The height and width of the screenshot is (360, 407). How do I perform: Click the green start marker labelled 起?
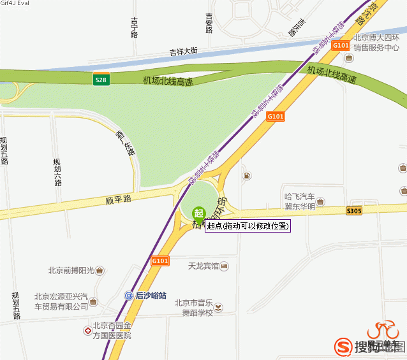tap(199, 213)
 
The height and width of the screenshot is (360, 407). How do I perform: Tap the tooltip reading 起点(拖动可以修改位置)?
tap(248, 226)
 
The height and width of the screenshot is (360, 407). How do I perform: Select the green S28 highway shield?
tap(101, 80)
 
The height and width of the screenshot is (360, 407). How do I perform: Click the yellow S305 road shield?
tap(354, 211)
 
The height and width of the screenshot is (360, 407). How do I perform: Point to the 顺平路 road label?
tap(118, 199)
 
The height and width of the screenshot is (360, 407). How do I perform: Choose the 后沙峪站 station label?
tap(151, 296)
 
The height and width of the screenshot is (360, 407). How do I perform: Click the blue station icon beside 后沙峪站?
tap(129, 296)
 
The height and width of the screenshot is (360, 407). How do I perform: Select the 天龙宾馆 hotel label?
tap(204, 265)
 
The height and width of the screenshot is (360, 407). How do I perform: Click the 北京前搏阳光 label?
tap(71, 270)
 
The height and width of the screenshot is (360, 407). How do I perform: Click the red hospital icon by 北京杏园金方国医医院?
tap(87, 331)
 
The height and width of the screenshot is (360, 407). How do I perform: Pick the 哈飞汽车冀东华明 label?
tap(300, 201)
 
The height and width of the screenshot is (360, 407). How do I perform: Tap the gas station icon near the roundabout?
tap(246, 175)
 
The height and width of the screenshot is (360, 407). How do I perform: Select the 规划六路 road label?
tap(57, 172)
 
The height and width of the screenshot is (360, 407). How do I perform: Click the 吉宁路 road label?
tap(134, 27)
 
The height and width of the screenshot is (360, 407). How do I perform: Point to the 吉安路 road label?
tap(209, 23)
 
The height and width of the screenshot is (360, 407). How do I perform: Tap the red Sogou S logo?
tap(343, 346)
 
